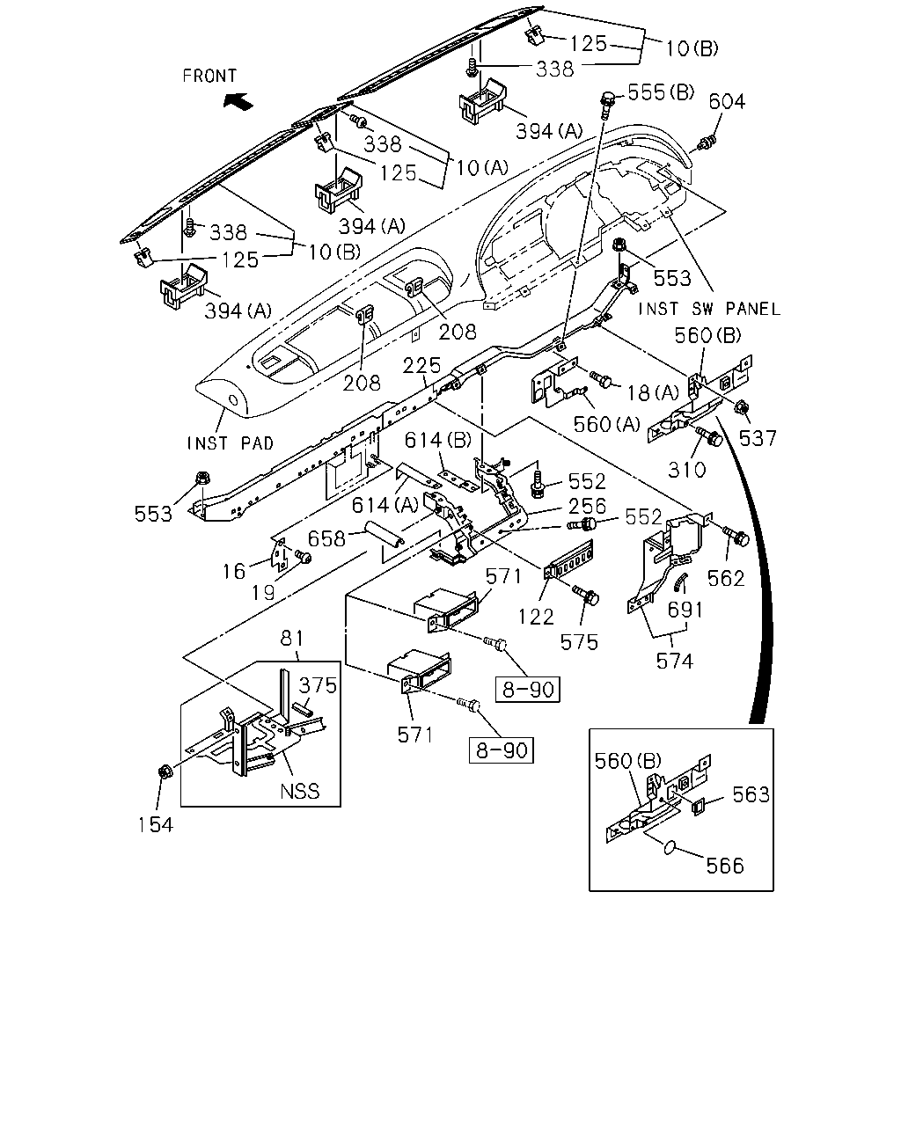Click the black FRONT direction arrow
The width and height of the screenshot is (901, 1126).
pos(238,100)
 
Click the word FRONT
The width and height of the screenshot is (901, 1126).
pos(209,77)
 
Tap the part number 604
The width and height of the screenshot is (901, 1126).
pos(727,101)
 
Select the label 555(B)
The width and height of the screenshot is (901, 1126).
pos(661,92)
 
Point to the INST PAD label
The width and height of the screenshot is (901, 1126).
pos(231,443)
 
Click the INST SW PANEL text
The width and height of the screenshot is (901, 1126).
pos(709,310)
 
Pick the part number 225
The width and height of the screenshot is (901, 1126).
pos(421,366)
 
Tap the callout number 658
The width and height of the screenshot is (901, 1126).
pos(326,539)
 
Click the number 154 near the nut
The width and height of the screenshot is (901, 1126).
pos(156,825)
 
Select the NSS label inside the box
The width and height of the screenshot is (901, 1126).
pos(299,791)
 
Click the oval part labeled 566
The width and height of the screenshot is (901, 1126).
pos(670,848)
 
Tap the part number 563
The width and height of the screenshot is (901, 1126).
pos(751,794)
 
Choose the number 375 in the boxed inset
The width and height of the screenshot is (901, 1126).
pos(318,685)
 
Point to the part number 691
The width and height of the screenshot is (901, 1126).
pos(685,610)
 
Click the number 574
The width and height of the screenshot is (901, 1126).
pos(675,662)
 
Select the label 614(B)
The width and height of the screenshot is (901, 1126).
pos(438,441)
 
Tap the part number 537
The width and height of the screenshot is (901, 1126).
pos(758,438)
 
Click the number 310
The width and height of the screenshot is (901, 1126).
pos(687,470)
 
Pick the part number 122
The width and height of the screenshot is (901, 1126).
pos(536,618)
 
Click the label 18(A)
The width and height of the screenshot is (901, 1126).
pos(653,393)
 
